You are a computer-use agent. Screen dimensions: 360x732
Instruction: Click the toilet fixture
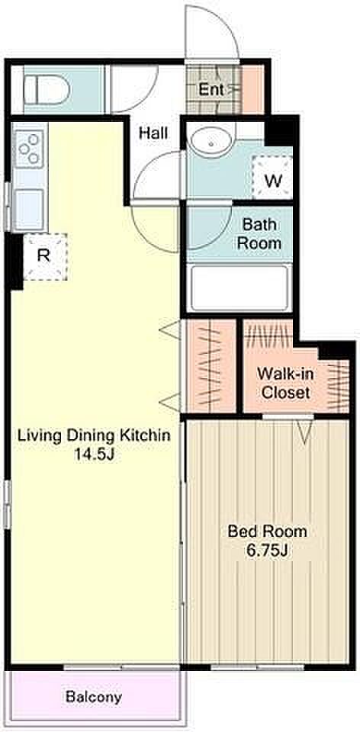(47, 90)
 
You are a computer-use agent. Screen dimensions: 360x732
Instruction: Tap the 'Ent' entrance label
(211, 89)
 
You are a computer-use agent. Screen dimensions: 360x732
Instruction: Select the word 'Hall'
(153, 133)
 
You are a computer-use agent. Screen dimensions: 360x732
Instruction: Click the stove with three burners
(30, 149)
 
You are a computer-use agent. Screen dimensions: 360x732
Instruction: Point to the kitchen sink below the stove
(28, 205)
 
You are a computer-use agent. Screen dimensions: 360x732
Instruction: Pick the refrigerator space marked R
(45, 256)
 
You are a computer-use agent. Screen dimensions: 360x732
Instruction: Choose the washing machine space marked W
(273, 176)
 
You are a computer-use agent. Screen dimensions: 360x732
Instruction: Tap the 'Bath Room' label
(261, 233)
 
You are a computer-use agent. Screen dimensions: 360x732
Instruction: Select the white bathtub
(239, 287)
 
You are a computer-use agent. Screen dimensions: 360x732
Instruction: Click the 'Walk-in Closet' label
(285, 383)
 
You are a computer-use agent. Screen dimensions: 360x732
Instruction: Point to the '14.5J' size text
(94, 455)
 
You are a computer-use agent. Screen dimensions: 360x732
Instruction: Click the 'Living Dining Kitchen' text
(94, 435)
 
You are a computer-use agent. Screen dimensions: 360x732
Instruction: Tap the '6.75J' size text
(267, 551)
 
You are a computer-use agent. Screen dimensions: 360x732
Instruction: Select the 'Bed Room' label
(268, 531)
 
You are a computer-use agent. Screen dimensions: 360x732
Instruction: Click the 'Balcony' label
(94, 697)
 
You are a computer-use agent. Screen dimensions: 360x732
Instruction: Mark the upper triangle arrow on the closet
(170, 330)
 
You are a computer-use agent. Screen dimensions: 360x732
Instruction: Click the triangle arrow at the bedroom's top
(304, 430)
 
